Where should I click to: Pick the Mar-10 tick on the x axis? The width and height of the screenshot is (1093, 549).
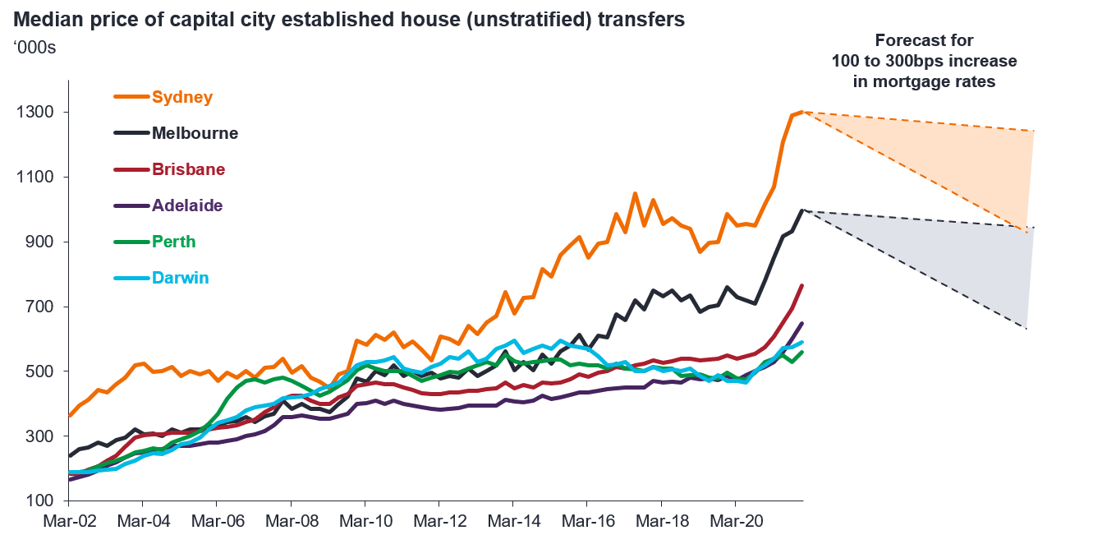(365, 521)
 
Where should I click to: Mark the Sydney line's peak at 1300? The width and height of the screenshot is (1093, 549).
(801, 112)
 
